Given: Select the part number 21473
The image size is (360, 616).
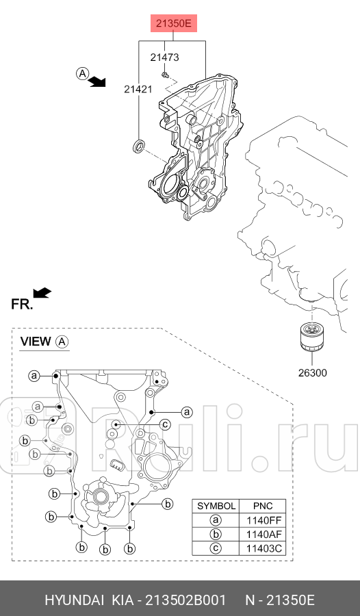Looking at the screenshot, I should [164, 57].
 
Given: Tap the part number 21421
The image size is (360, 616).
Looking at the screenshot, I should [138, 89].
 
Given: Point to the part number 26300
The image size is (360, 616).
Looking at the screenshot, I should [311, 373].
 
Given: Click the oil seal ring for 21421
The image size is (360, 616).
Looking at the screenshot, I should [140, 145].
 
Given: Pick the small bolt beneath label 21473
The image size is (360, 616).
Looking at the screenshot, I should [165, 75].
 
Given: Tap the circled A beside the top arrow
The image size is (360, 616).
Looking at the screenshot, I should [82, 73].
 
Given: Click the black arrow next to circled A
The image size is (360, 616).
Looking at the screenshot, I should [99, 81].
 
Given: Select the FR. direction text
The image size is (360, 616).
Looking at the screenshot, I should [22, 305].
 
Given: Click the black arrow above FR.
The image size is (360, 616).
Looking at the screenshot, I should [42, 293].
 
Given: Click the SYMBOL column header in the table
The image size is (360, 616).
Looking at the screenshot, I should [216, 506].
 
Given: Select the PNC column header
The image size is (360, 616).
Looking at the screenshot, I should [263, 506].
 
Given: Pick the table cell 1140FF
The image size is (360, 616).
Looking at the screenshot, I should [263, 520].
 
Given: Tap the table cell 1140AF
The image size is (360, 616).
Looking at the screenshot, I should [263, 534].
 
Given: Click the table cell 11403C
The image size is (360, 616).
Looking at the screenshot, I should [263, 548].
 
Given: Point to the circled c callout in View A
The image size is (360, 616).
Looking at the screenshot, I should [165, 425].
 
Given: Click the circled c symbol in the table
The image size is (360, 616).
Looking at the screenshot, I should [216, 548].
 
